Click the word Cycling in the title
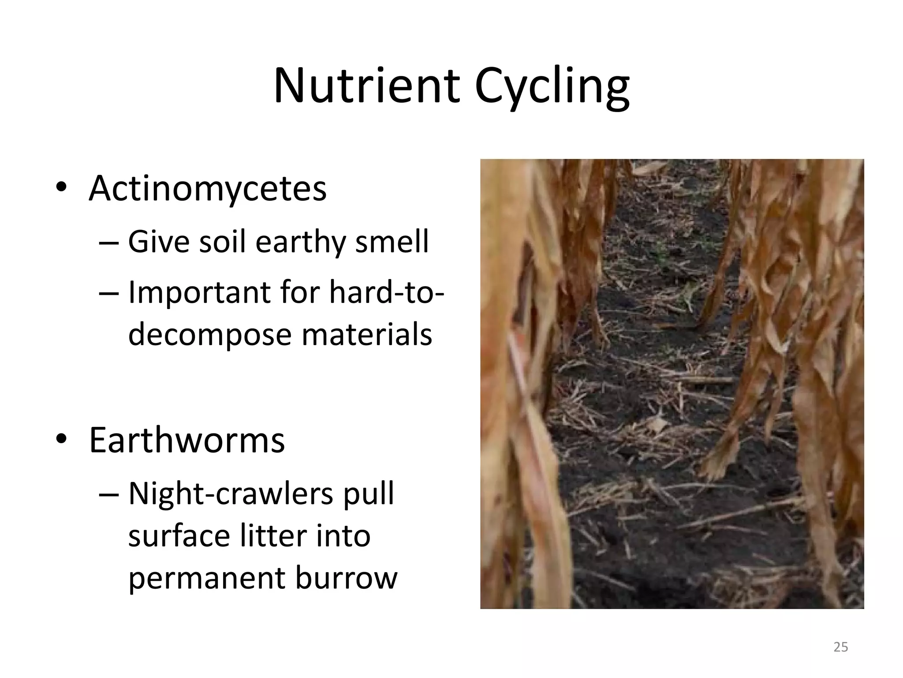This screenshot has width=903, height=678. click(x=552, y=87)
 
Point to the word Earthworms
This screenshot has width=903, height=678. click(x=187, y=441)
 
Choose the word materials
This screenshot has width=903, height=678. click(x=367, y=335)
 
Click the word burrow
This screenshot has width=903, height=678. click(x=347, y=578)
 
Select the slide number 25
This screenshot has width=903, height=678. click(x=841, y=648)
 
